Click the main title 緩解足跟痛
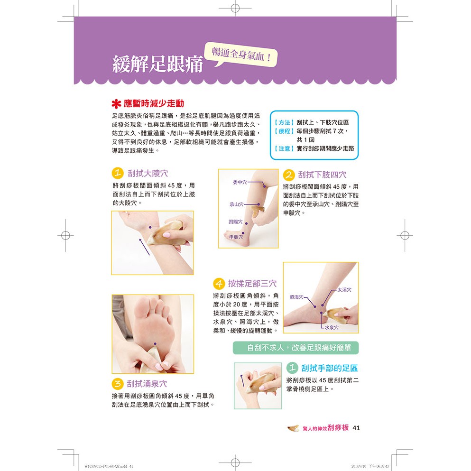(x=157, y=64)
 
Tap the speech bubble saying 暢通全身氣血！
(x=241, y=55)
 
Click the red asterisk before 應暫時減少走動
(x=116, y=104)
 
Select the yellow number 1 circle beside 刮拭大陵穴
(x=118, y=173)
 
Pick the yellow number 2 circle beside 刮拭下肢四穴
(x=289, y=175)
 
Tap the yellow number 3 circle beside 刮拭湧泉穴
(x=118, y=384)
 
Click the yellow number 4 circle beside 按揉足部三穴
(x=219, y=283)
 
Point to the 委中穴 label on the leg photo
(x=240, y=182)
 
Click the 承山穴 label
(x=237, y=204)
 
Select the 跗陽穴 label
(x=235, y=222)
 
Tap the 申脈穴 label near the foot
(x=236, y=237)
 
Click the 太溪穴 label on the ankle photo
(x=344, y=290)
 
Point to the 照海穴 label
(x=296, y=297)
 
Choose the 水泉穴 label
(x=332, y=327)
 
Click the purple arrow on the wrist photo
(x=145, y=247)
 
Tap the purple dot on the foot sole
(x=155, y=343)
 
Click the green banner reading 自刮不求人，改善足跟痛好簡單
(x=296, y=348)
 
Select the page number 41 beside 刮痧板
(x=356, y=428)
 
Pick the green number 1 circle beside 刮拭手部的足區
(x=292, y=368)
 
